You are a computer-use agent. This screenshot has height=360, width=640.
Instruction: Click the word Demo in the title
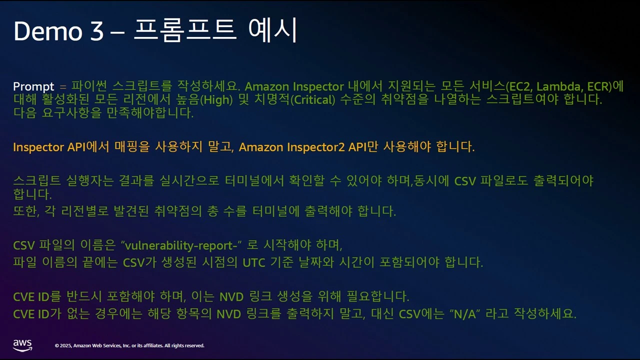click(x=48, y=31)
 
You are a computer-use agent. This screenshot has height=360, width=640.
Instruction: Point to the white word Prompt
click(x=33, y=86)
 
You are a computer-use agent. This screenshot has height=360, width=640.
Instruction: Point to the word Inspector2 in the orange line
click(x=316, y=147)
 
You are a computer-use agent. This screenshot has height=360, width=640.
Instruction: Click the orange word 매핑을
click(x=132, y=146)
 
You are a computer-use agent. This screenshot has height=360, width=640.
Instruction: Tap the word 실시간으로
click(x=189, y=180)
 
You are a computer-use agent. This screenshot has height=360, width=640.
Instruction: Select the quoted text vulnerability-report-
click(x=181, y=245)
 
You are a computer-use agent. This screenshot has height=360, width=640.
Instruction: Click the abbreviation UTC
click(x=254, y=262)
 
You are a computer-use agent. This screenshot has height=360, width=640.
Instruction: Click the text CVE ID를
click(x=37, y=296)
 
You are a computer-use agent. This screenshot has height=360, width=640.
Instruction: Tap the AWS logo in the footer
click(x=22, y=345)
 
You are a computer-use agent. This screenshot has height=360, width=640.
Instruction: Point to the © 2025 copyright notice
click(x=129, y=345)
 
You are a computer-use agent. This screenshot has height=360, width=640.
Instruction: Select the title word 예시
click(x=273, y=30)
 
